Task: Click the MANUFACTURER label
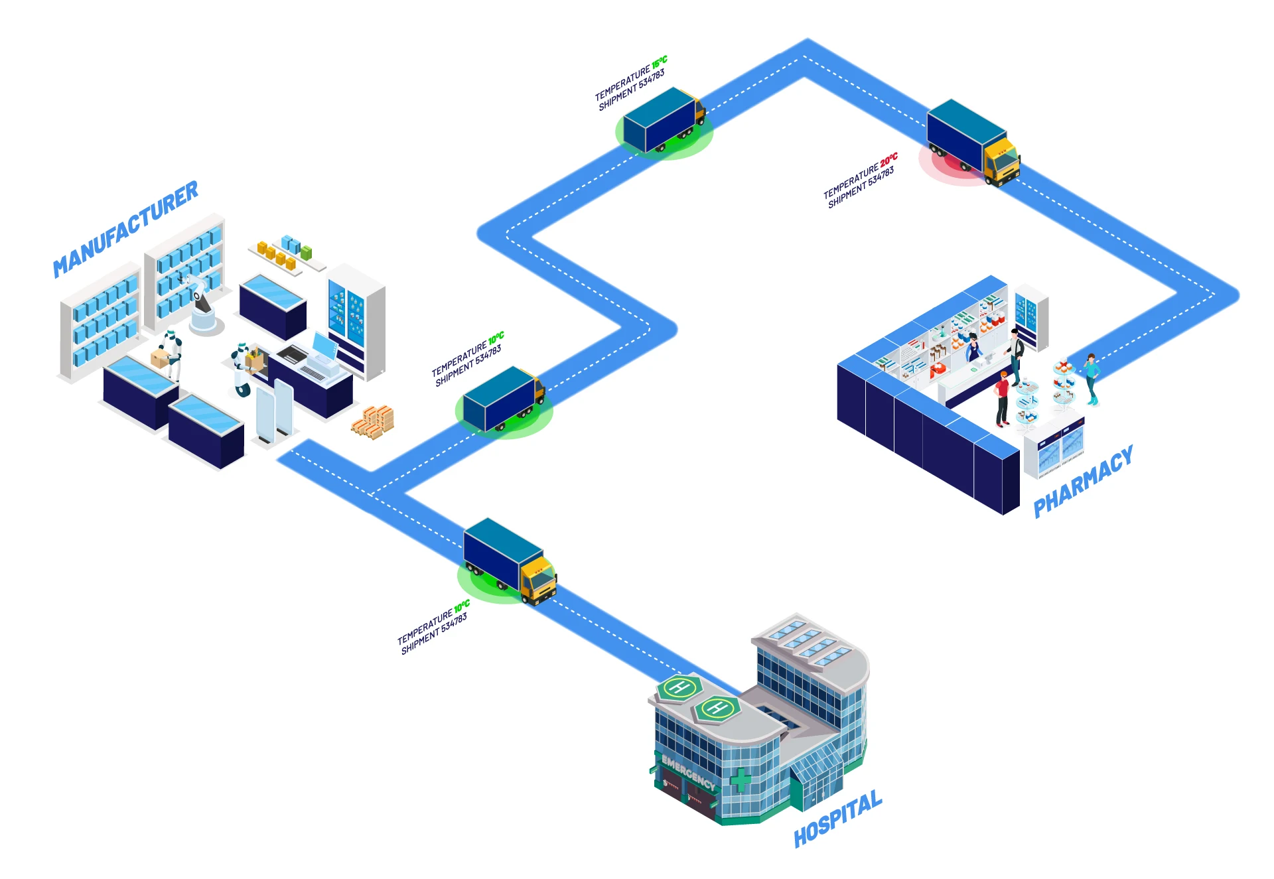pyautogui.click(x=125, y=229)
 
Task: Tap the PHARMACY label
pyautogui.click(x=1083, y=481)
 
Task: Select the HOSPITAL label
pyautogui.click(x=838, y=818)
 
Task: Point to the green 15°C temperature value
pyautogui.click(x=659, y=62)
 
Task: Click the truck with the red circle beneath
pyautogui.click(x=973, y=142)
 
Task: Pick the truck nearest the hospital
pyautogui.click(x=510, y=561)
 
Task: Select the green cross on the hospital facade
pyautogui.click(x=741, y=779)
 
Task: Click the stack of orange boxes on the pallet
pyautogui.click(x=374, y=422)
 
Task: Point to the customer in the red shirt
pyautogui.click(x=1002, y=398)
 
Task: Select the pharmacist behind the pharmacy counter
pyautogui.click(x=973, y=348)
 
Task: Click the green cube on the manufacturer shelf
pyautogui.click(x=306, y=253)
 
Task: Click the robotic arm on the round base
pyautogui.click(x=202, y=305)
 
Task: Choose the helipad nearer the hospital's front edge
pyautogui.click(x=717, y=709)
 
